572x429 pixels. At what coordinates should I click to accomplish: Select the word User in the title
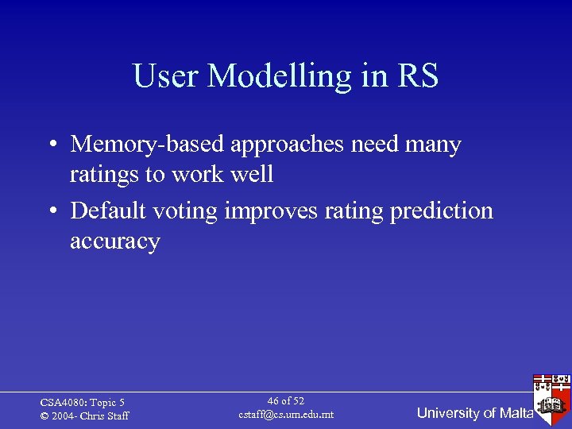[x=166, y=76]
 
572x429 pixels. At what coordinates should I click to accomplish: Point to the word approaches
[x=288, y=146]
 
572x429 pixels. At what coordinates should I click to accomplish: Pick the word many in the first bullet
[x=432, y=146]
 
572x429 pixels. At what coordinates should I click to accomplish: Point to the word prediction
[x=442, y=212]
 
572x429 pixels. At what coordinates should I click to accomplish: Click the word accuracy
[x=115, y=242]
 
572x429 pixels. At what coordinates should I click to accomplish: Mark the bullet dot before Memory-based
[x=51, y=145]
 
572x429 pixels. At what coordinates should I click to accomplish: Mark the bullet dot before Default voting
[x=51, y=212]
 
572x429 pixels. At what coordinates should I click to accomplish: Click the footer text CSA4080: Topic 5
[x=83, y=403]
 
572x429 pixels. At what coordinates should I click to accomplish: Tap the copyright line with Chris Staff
[x=84, y=416]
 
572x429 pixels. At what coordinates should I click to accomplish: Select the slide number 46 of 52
[x=286, y=401]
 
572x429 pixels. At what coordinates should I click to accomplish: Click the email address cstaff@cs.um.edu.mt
[x=286, y=415]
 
